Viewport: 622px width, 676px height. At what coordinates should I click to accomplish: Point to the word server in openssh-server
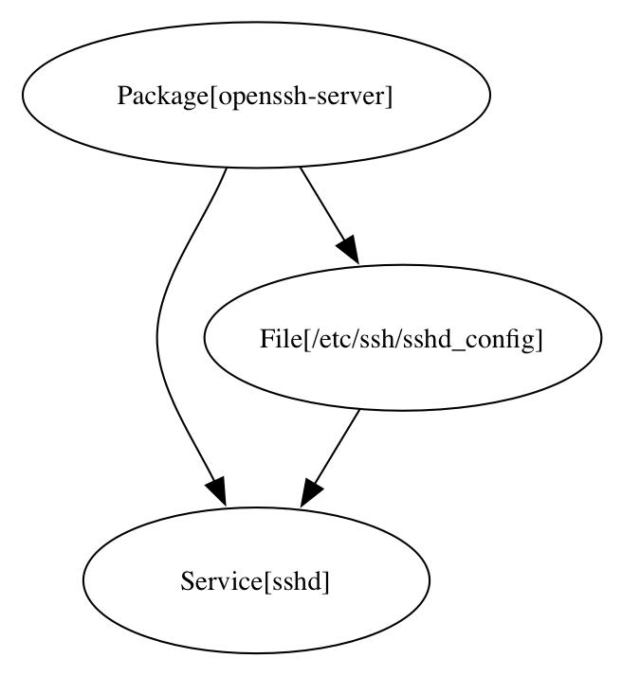pyautogui.click(x=355, y=97)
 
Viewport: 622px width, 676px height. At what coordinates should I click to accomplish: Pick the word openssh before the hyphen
pyautogui.click(x=255, y=97)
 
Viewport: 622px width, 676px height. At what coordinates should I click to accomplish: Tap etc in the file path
pyautogui.click(x=328, y=339)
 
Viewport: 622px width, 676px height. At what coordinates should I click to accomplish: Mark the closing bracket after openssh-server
pyautogui.click(x=388, y=97)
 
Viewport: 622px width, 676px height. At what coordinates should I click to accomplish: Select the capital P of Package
pyautogui.click(x=123, y=97)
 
